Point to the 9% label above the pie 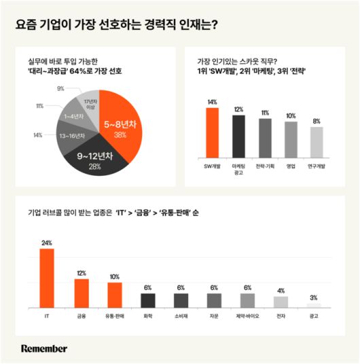[61, 89]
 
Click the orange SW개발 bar [212, 132]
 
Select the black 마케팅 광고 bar [238, 135]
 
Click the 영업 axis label [290, 166]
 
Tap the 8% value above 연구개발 [317, 121]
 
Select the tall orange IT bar [47, 278]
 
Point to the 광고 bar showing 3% [313, 306]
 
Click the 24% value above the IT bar [47, 242]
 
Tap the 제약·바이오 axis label [247, 316]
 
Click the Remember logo [44, 348]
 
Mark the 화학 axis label [147, 316]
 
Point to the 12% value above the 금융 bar [82, 273]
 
